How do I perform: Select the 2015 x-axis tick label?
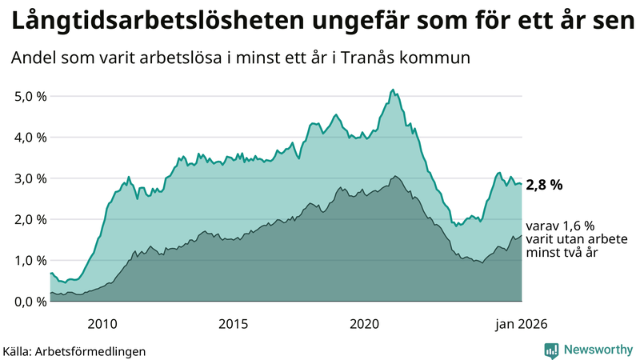pyautogui.click(x=234, y=323)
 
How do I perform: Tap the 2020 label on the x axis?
pyautogui.click(x=365, y=323)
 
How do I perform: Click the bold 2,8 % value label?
pyautogui.click(x=544, y=185)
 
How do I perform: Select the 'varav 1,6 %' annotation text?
pyautogui.click(x=560, y=226)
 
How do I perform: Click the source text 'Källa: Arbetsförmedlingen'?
pyautogui.click(x=74, y=350)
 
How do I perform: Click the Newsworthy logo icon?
pyautogui.click(x=551, y=350)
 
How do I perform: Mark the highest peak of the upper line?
pyautogui.click(x=392, y=90)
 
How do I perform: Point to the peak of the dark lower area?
pyautogui.click(x=394, y=176)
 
